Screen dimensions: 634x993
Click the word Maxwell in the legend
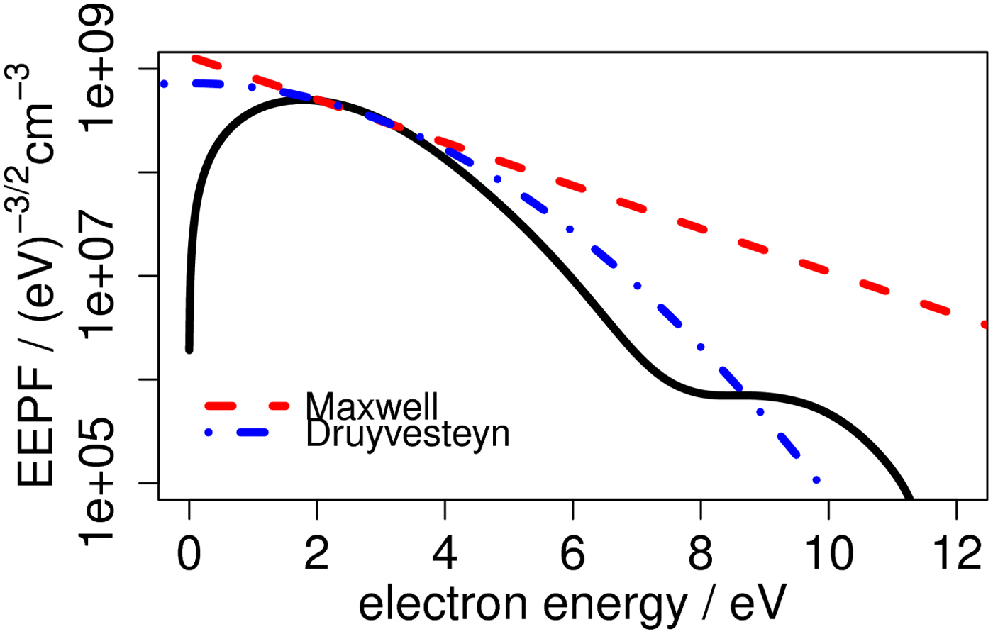[x=372, y=406]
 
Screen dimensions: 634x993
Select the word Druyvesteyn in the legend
[x=407, y=433]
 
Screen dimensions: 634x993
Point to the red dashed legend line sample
[x=247, y=406]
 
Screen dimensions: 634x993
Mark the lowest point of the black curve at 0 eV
[x=189, y=349]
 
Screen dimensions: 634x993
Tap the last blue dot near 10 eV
[x=816, y=480]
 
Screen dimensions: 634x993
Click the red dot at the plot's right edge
[x=984, y=324]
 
